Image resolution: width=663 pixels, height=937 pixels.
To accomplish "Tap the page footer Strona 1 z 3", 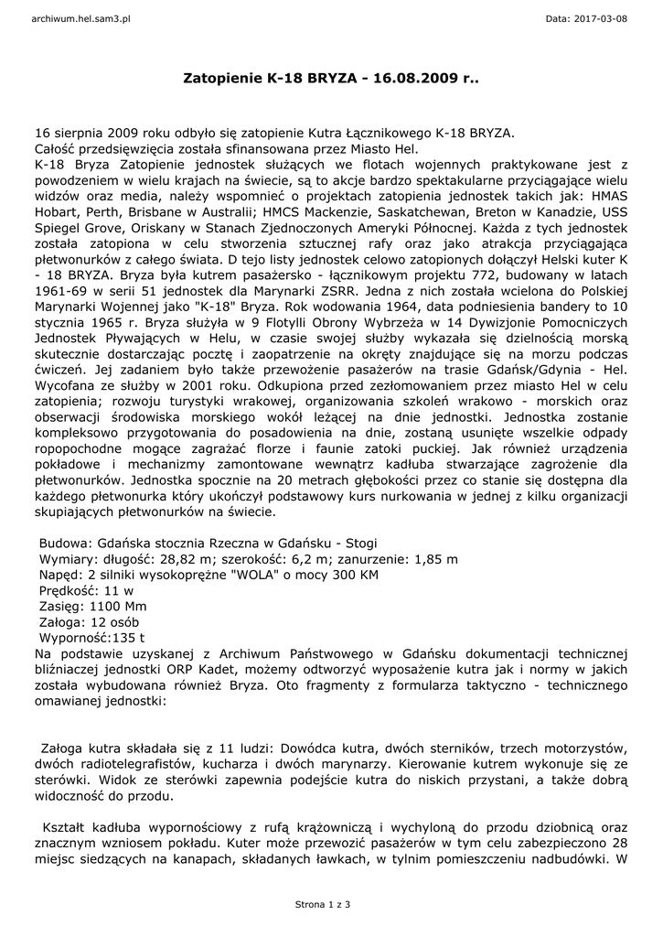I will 323,904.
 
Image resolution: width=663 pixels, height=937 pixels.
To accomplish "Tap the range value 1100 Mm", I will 117,606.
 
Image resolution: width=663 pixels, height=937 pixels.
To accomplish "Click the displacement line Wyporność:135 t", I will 92,638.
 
